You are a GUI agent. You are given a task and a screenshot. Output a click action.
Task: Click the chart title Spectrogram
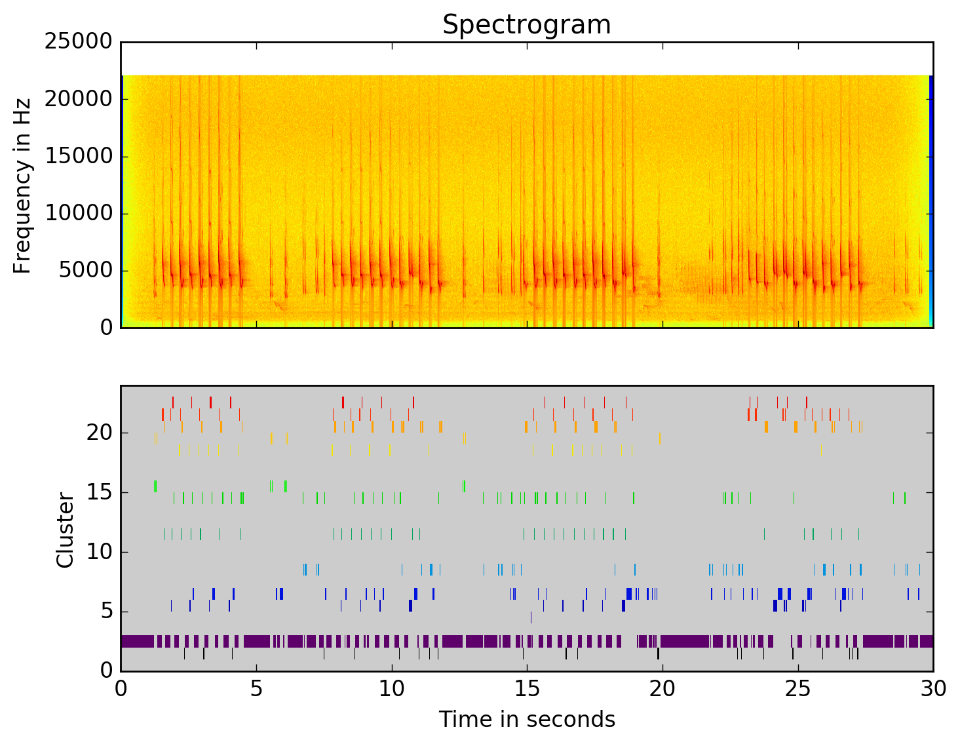pyautogui.click(x=526, y=25)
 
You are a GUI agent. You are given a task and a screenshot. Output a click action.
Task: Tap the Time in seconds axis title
pyautogui.click(x=527, y=720)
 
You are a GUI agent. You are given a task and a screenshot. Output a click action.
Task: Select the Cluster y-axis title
pyautogui.click(x=65, y=530)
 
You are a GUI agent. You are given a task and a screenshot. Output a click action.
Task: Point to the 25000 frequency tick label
pyautogui.click(x=78, y=42)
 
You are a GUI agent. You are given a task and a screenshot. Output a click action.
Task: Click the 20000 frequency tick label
pyautogui.click(x=78, y=99)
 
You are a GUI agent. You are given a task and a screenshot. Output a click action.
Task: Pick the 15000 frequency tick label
pyautogui.click(x=78, y=156)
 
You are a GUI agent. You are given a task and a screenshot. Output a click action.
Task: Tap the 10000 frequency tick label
pyautogui.click(x=78, y=214)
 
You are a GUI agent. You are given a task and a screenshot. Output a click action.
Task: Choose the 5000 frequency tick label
pyautogui.click(x=85, y=271)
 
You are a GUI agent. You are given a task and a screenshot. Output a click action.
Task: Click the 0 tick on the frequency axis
pyautogui.click(x=106, y=327)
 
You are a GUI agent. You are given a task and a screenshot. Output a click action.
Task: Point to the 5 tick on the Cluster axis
pyautogui.click(x=106, y=612)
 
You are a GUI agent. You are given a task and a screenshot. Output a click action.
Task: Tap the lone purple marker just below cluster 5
pyautogui.click(x=531, y=617)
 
